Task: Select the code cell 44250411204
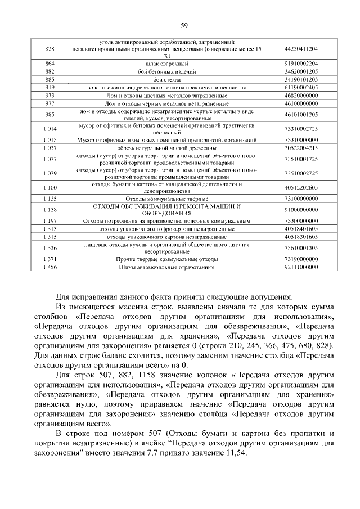[301, 49]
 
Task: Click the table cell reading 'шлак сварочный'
[166, 64]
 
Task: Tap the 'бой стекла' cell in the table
[166, 79]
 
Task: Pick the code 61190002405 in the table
[301, 87]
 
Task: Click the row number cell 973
[49, 96]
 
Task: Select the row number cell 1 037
[49, 147]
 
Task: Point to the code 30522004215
[301, 147]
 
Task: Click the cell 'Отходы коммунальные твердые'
[166, 199]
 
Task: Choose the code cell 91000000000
[301, 210]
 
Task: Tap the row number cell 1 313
[49, 229]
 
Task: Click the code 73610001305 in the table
[301, 247]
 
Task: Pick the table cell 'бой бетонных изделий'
[166, 71]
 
